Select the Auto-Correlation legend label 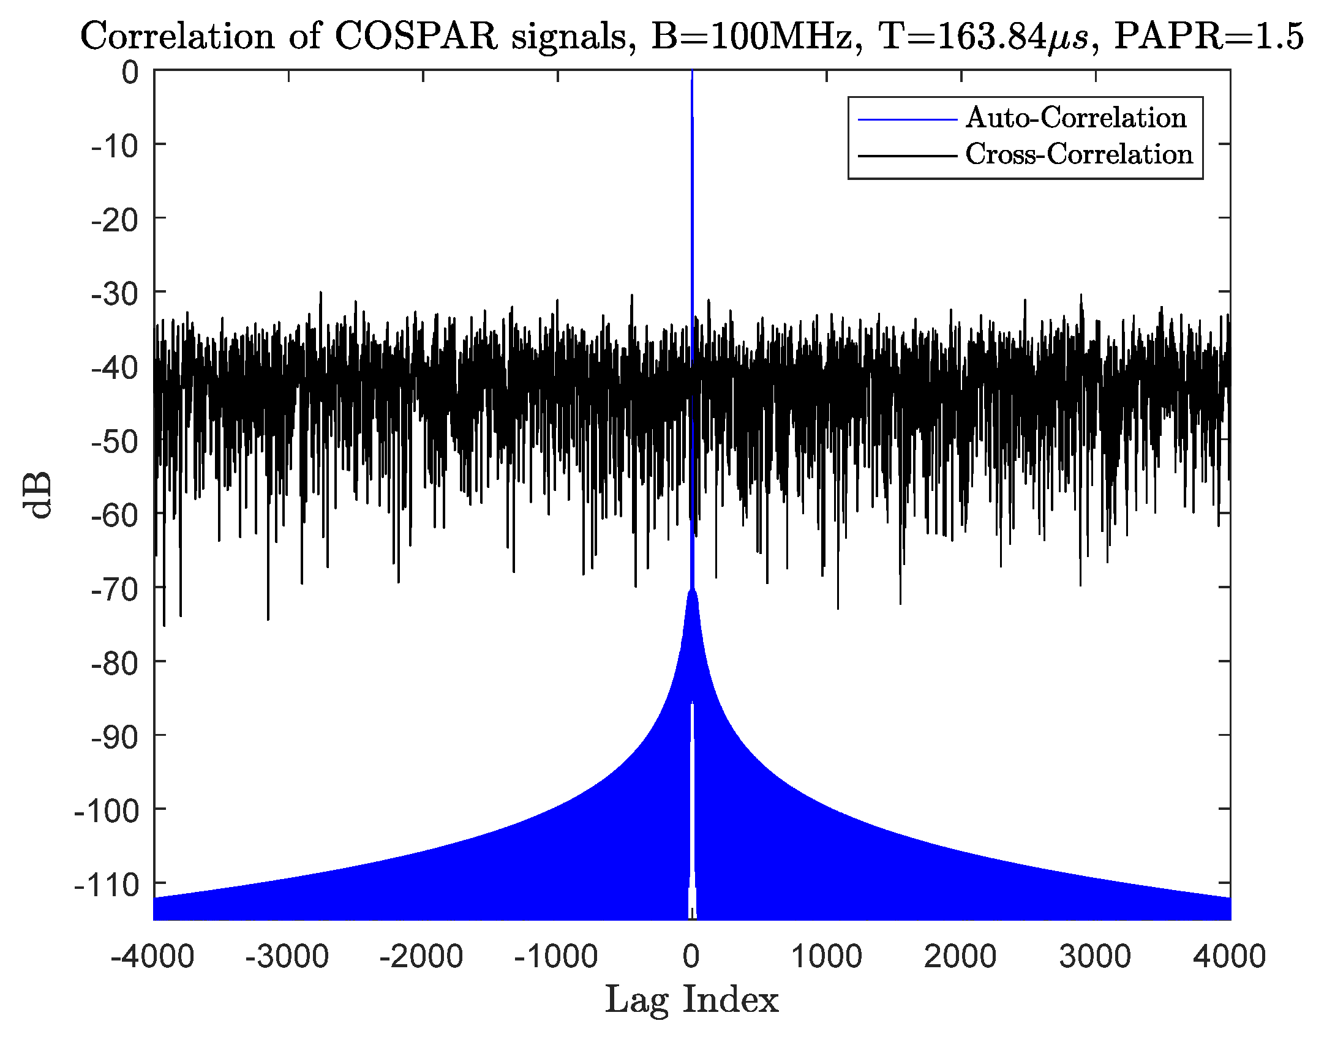[x=1076, y=118]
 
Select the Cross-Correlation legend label [x=1079, y=154]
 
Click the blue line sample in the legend [x=907, y=119]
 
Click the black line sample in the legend [x=907, y=156]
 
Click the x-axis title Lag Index [x=691, y=1000]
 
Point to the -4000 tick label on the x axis [x=152, y=956]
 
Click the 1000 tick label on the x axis [x=826, y=956]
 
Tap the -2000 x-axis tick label [x=421, y=956]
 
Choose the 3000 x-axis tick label [x=1095, y=956]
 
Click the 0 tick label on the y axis [x=130, y=72]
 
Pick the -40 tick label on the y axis [x=115, y=368]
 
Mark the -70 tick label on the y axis [x=115, y=590]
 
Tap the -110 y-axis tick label [x=107, y=885]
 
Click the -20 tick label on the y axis [x=115, y=220]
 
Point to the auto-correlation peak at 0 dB [x=692, y=73]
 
